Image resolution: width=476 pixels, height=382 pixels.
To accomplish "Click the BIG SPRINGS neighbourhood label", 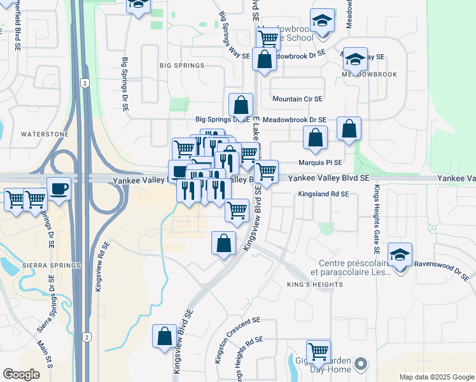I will (182, 66).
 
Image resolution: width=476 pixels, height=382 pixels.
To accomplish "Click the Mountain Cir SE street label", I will (297, 99).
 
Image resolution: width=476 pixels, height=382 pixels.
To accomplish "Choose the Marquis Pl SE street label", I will (320, 163).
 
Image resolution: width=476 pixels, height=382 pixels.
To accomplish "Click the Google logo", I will (22, 374).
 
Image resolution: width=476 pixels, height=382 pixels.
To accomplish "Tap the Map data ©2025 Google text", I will (436, 377).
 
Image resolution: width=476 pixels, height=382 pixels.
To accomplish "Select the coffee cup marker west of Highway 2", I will (59, 189).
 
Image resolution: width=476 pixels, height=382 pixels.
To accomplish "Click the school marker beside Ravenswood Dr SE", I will (400, 255).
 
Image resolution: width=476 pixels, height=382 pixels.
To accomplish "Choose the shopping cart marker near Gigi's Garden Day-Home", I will (318, 351).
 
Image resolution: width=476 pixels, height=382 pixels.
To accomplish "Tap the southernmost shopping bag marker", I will (165, 336).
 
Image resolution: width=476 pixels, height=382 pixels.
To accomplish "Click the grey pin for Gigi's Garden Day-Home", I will (361, 365).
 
